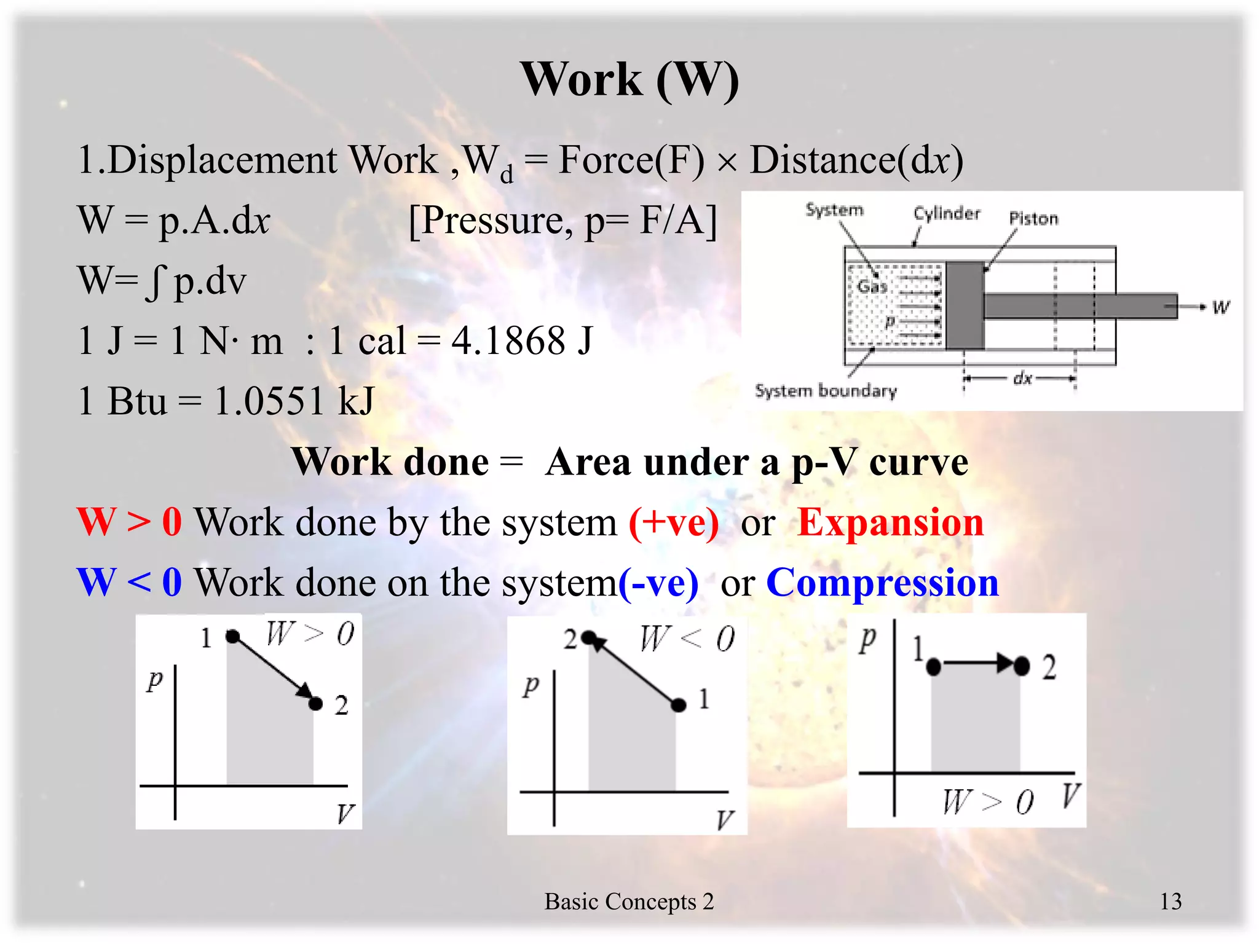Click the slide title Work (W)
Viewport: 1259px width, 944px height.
[x=629, y=80]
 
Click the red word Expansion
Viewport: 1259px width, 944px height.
[x=890, y=523]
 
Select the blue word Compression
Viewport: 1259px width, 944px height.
[x=882, y=583]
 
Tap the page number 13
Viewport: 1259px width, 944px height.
[x=1170, y=901]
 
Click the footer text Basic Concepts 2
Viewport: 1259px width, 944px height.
[x=629, y=901]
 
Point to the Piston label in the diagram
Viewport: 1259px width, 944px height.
[x=1033, y=218]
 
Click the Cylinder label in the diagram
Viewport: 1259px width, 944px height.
[x=946, y=213]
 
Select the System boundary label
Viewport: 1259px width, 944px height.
[x=826, y=391]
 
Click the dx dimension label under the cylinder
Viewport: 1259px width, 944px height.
[x=1022, y=378]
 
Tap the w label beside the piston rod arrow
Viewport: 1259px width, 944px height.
[x=1220, y=307]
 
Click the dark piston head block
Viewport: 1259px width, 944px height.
[x=965, y=305]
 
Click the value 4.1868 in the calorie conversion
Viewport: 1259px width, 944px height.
[x=508, y=341]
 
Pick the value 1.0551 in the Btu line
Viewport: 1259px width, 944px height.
[x=269, y=401]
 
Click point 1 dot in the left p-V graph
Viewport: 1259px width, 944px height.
[x=232, y=636]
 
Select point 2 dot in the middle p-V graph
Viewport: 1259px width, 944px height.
[x=588, y=637]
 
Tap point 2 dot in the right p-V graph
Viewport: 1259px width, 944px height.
[x=1021, y=665]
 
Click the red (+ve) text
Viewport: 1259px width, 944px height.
[x=674, y=523]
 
